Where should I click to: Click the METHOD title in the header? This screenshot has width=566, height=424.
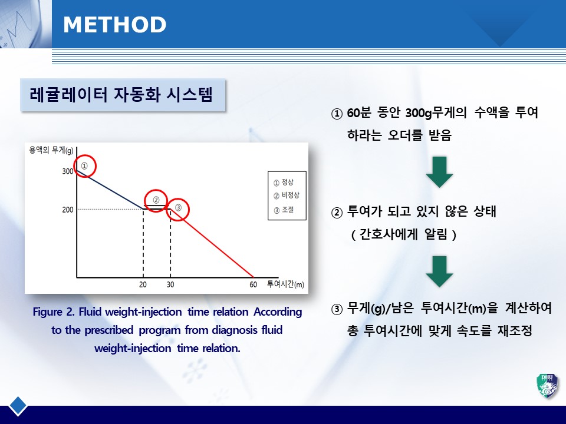tap(115, 25)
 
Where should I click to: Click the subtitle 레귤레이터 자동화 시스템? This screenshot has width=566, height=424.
tap(121, 95)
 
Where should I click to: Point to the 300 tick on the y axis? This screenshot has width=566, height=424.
tap(67, 171)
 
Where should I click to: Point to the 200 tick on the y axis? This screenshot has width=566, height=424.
tap(67, 210)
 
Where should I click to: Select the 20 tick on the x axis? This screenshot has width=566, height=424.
tap(143, 284)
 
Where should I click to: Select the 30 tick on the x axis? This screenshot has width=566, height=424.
tap(170, 284)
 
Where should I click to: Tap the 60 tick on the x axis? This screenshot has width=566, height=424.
tap(254, 284)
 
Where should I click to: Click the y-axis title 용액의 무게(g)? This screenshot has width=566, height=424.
tap(51, 150)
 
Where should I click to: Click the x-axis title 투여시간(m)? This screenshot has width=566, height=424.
tap(285, 284)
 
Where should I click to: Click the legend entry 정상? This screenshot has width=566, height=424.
tap(288, 182)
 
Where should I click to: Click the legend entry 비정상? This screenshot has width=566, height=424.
tap(291, 195)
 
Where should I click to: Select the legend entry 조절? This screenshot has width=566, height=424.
tap(288, 210)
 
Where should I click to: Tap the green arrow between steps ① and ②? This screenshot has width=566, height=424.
tap(439, 172)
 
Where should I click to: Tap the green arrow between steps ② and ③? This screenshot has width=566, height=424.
tap(439, 271)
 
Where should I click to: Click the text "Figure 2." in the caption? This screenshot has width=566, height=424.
tap(54, 312)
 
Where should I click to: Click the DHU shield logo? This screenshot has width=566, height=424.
tap(548, 386)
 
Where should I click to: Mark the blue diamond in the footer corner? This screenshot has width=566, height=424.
tap(18, 406)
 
